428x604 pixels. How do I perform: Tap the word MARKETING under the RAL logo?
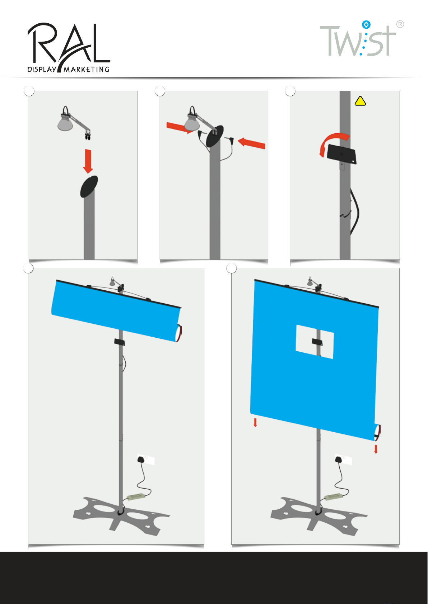pos(87,70)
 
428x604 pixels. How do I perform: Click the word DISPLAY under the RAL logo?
pos(42,69)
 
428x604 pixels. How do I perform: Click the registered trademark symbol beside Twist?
pos(400,24)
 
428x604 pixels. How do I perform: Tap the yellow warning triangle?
pos(360,101)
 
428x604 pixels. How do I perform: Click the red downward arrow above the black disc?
pos(88,161)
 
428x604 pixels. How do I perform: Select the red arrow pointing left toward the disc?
pos(251,143)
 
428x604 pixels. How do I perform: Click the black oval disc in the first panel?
pos(89,186)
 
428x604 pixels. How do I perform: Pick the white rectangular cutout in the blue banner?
pos(315,342)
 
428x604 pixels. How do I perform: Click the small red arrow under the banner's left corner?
pos(255,422)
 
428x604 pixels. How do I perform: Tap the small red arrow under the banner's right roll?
pos(376,449)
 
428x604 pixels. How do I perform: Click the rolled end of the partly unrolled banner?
pos(179,334)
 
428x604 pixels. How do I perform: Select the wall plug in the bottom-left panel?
pos(141,459)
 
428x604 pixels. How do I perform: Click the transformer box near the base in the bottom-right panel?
pos(333,497)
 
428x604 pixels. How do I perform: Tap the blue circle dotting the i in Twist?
pos(366,25)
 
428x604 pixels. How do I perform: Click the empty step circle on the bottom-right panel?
pos(232,268)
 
